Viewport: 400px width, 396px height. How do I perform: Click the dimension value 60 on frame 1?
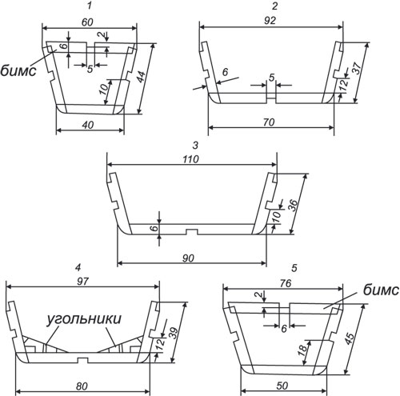tap(87, 22)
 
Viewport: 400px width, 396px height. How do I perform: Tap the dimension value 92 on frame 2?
tap(270, 21)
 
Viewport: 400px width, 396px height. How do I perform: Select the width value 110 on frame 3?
tap(190, 159)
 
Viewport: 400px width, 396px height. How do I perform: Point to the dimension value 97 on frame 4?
tap(82, 282)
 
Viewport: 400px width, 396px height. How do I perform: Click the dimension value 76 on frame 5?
tap(285, 283)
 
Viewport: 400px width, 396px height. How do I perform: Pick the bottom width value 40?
tap(88, 125)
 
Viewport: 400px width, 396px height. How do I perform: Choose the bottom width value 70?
tap(269, 122)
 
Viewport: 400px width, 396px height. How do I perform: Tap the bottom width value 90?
tap(188, 258)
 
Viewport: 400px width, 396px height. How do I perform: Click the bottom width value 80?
tap(82, 386)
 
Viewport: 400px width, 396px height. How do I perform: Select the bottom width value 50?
tap(282, 386)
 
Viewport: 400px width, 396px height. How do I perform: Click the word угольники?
tap(84, 319)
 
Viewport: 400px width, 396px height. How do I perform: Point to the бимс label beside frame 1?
tap(18, 71)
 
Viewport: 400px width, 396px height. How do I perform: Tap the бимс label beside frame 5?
tap(381, 290)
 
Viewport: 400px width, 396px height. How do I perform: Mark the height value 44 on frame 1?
tap(142, 77)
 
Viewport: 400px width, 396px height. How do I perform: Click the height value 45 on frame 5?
tap(350, 339)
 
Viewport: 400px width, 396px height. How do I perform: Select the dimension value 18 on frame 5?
tap(303, 350)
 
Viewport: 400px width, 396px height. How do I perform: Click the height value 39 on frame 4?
tap(174, 333)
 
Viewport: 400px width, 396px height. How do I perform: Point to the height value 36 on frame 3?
tap(294, 205)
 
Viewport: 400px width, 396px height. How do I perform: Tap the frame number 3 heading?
tap(195, 146)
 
